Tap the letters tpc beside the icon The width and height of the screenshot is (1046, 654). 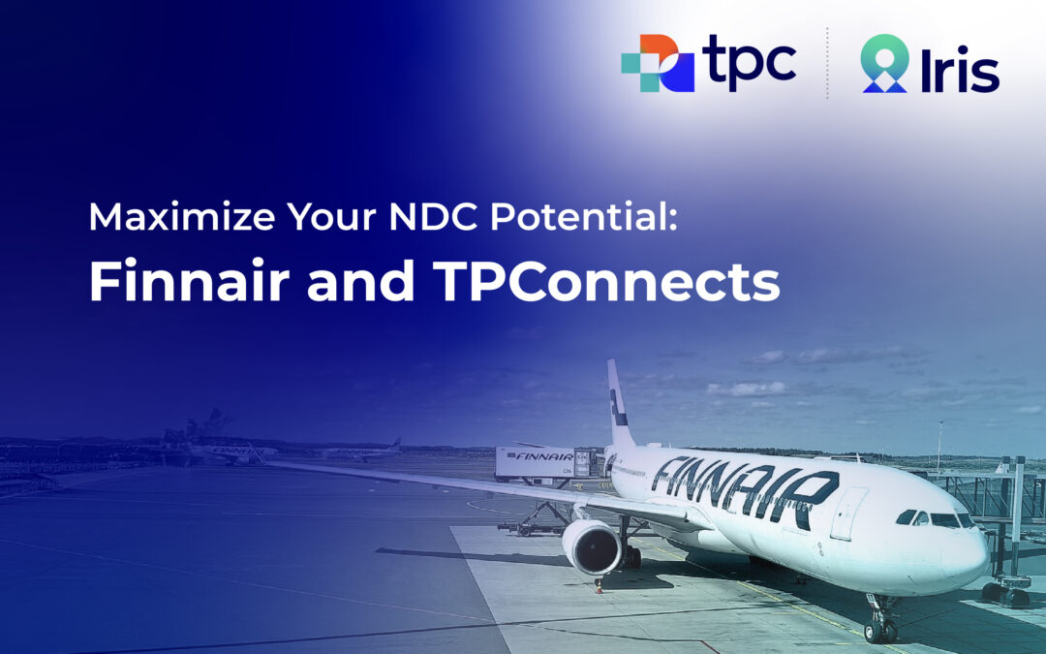click(x=752, y=62)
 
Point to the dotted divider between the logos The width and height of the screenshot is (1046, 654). click(x=828, y=63)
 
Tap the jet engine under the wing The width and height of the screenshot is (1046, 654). click(x=592, y=546)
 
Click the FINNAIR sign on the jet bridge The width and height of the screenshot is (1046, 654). click(x=543, y=456)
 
